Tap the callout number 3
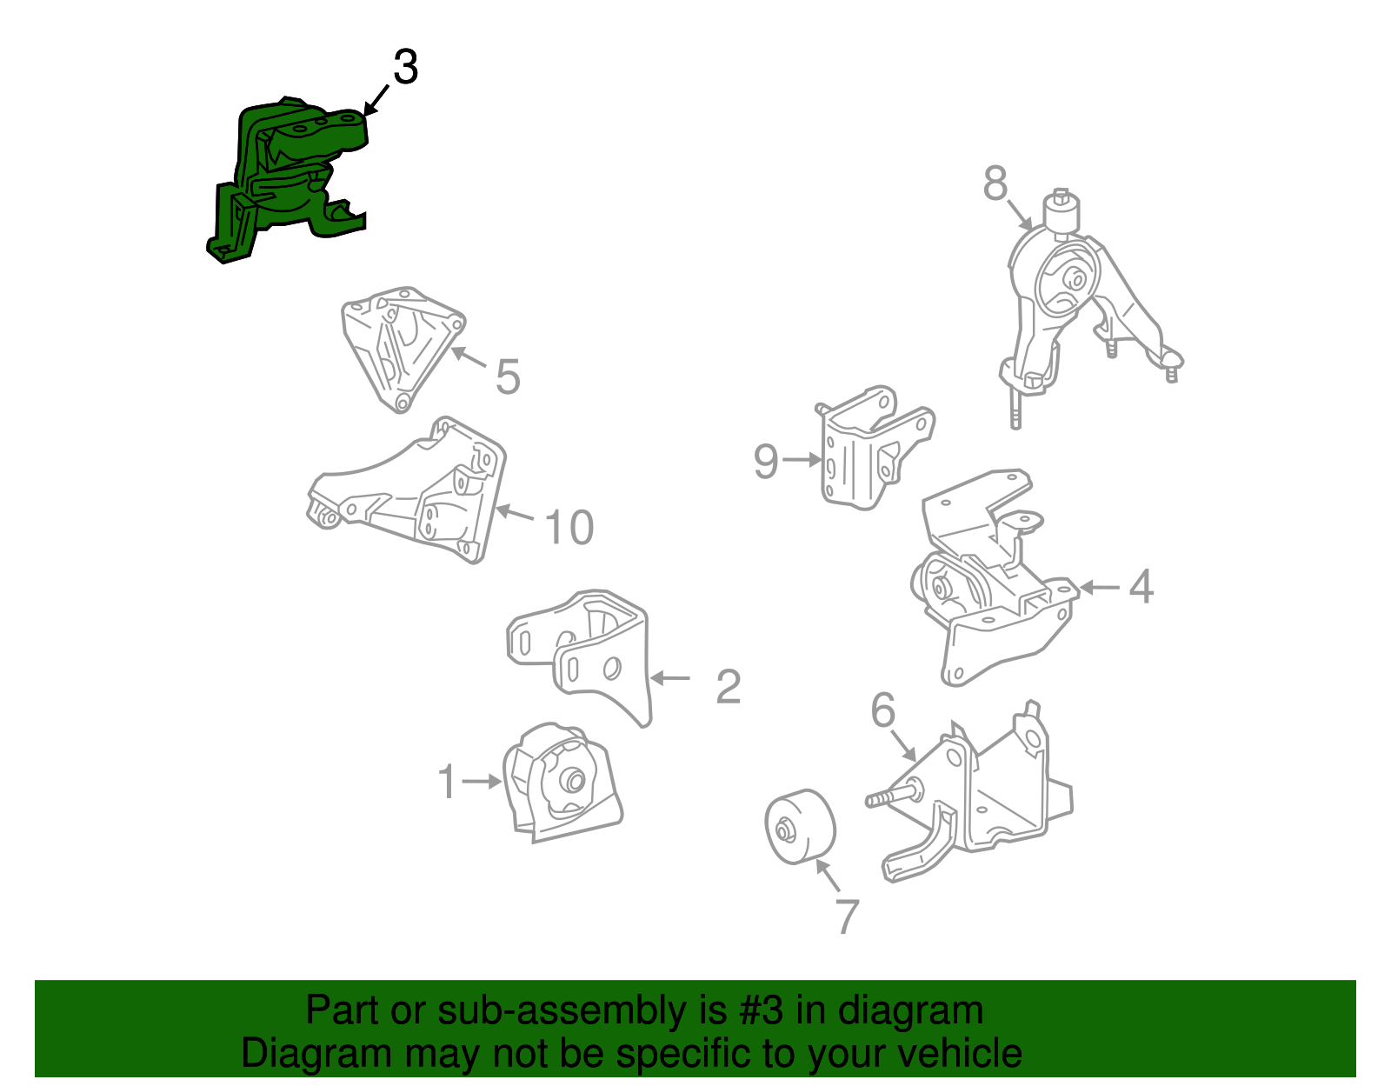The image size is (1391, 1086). [x=406, y=67]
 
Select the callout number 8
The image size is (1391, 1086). [x=995, y=183]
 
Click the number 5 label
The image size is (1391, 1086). [x=508, y=376]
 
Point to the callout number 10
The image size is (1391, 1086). [x=569, y=527]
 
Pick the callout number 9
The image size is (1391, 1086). [x=766, y=461]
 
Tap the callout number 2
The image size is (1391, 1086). [x=729, y=687]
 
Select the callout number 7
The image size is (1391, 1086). [x=847, y=916]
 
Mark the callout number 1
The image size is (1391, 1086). [x=448, y=782]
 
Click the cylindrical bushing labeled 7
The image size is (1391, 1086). [x=800, y=828]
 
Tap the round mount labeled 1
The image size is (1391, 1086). [x=562, y=784]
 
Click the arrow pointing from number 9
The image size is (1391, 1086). [x=802, y=459]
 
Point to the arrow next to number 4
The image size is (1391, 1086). [x=1099, y=587]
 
